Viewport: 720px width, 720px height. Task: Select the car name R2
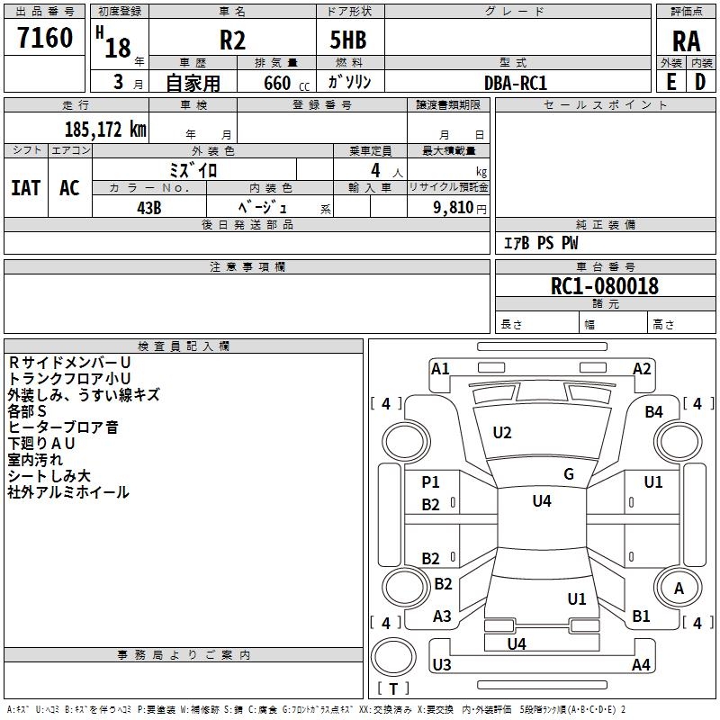coord(232,41)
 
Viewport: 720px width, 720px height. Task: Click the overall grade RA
coord(686,41)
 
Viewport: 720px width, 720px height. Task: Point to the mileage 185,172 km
coord(105,130)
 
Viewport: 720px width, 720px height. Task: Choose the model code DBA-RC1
coord(515,82)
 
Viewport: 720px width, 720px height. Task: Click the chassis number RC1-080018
coord(605,286)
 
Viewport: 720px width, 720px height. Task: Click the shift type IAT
coord(25,188)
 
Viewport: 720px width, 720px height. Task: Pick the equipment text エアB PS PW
coord(540,243)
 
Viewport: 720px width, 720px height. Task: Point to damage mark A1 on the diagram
coord(440,368)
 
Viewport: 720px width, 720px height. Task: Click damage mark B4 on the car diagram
coord(653,411)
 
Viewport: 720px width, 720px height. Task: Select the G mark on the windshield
coord(568,474)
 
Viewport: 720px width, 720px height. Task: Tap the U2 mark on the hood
coord(502,433)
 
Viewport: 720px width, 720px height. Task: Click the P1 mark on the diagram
coord(431,482)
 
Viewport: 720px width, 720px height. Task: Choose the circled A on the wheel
coord(679,588)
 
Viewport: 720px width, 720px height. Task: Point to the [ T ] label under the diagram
coord(393,688)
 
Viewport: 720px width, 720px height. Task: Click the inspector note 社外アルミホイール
coord(68,492)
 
